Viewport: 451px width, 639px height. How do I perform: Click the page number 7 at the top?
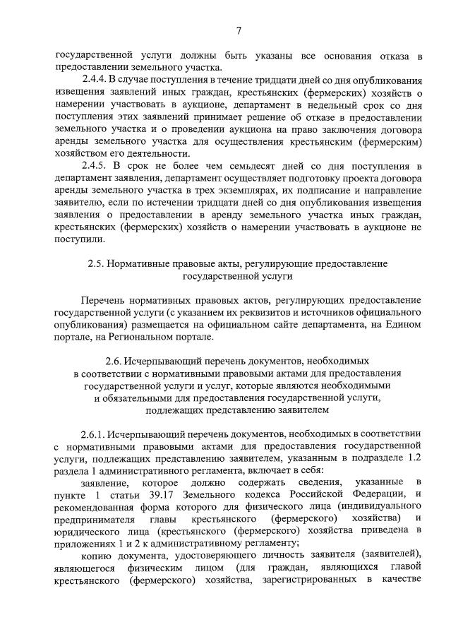[239, 30]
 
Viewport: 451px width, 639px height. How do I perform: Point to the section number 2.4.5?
[95, 165]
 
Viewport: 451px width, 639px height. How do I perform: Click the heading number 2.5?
[97, 263]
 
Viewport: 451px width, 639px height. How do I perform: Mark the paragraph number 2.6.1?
[95, 433]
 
